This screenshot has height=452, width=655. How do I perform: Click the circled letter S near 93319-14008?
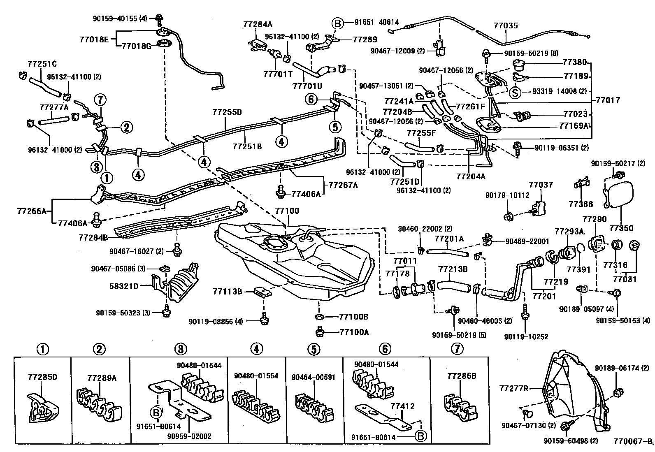pyautogui.click(x=515, y=92)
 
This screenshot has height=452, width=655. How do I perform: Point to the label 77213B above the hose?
pyautogui.click(x=453, y=269)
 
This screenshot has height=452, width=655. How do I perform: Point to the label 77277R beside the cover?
pyautogui.click(x=514, y=388)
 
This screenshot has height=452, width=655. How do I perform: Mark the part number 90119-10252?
pyautogui.click(x=526, y=336)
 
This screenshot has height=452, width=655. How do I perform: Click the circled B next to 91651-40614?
pyautogui.click(x=337, y=23)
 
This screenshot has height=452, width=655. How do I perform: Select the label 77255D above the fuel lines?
pyautogui.click(x=228, y=112)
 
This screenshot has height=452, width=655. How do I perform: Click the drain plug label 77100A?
pyautogui.click(x=354, y=332)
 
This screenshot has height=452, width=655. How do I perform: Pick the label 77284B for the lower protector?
pyautogui.click(x=93, y=237)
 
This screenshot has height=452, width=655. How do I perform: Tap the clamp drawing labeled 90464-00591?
pyautogui.click(x=314, y=406)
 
